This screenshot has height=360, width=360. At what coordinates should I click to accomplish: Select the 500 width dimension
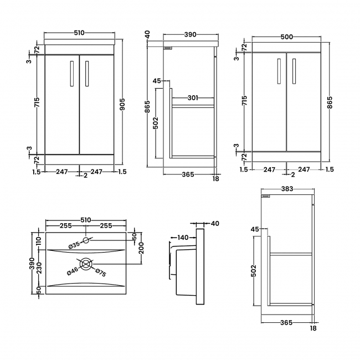(286, 37)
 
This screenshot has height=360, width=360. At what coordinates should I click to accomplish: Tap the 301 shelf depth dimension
(193, 98)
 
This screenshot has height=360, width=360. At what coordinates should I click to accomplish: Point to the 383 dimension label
(286, 189)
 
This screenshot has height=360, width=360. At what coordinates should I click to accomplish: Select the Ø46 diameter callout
(73, 271)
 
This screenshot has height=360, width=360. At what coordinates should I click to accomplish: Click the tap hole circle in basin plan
(86, 240)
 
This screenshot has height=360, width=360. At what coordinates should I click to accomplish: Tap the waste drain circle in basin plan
(86, 264)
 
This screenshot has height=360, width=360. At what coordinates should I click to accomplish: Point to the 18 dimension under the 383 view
(313, 328)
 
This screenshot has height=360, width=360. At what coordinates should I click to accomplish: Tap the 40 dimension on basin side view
(214, 224)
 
